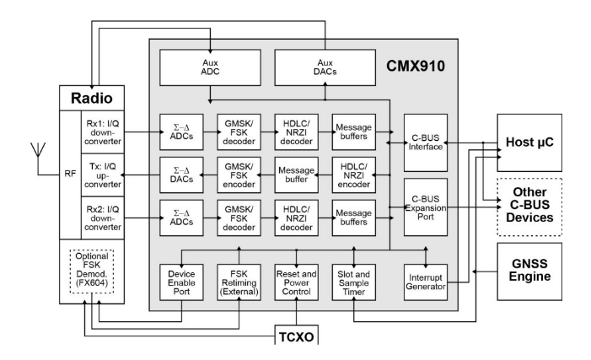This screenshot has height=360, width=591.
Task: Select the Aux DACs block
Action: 324,68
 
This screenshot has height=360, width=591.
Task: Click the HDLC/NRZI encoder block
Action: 352,175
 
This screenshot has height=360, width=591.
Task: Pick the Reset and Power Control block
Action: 296,284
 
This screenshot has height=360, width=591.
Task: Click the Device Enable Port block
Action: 182,284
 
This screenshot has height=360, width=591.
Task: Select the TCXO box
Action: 296,337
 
